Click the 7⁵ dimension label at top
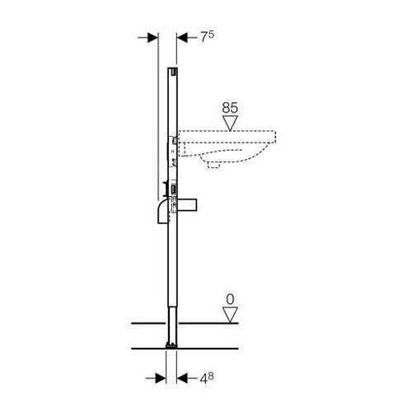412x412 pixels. (207, 37)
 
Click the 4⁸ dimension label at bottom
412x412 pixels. (207, 378)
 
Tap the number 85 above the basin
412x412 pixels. (230, 108)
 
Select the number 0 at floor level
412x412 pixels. (230, 299)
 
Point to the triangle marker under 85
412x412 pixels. (230, 123)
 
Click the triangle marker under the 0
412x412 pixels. (230, 315)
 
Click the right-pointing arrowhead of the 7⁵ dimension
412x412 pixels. (153, 38)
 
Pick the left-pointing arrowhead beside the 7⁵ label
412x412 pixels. (182, 38)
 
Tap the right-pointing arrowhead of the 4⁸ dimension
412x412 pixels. (161, 378)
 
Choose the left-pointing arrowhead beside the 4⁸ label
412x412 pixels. (182, 378)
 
